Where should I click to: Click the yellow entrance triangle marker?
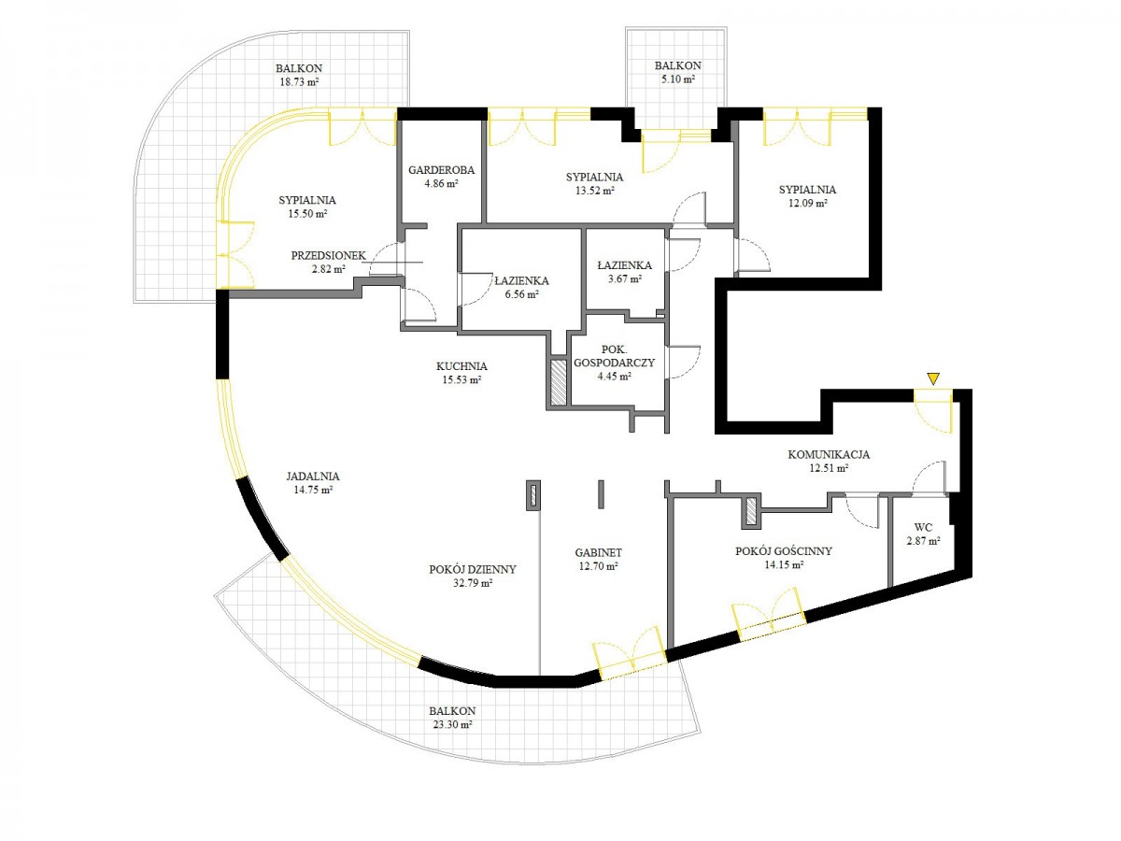click(x=933, y=378)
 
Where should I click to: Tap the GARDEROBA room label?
click(x=441, y=170)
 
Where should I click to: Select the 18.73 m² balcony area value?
click(x=299, y=81)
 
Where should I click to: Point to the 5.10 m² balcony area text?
click(x=678, y=79)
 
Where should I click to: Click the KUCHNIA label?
click(x=461, y=366)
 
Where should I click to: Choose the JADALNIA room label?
click(x=313, y=476)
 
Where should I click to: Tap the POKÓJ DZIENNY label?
click(x=473, y=569)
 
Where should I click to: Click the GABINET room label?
click(x=599, y=552)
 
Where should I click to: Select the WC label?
click(x=923, y=527)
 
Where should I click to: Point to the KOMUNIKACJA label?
click(x=829, y=454)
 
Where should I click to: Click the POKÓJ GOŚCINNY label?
click(x=784, y=551)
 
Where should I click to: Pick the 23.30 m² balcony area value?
click(x=452, y=724)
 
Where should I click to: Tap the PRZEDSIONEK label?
click(x=329, y=255)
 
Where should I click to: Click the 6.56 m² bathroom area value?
click(x=521, y=294)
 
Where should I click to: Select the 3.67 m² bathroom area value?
click(x=625, y=278)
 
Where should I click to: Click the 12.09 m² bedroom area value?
click(x=807, y=203)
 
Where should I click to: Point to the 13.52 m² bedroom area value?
click(x=594, y=191)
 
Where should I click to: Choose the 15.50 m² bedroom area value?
click(x=307, y=213)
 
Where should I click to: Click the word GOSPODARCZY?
click(x=615, y=363)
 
